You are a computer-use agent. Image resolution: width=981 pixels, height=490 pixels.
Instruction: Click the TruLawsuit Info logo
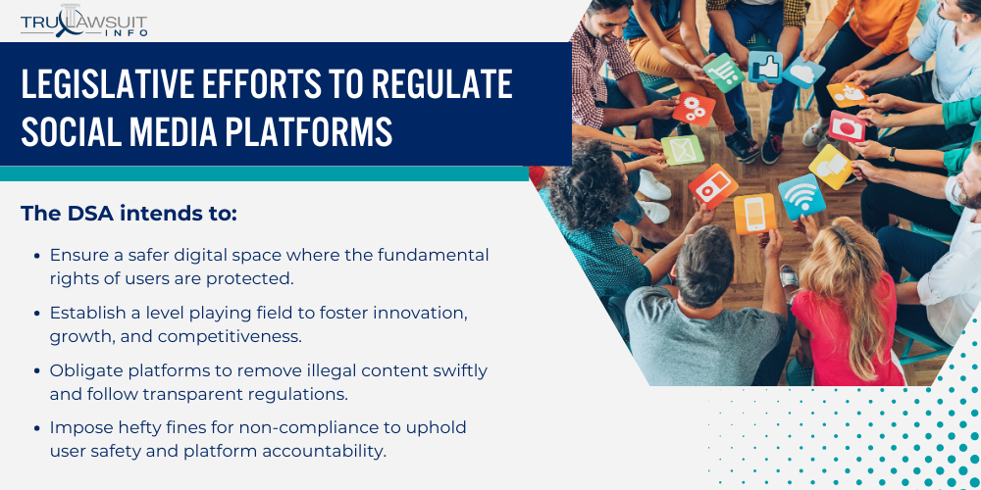pyautogui.click(x=84, y=21)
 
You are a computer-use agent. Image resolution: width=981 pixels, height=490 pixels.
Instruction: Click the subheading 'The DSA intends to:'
pyautogui.click(x=129, y=213)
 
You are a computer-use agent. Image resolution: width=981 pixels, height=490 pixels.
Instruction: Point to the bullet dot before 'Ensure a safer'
pyautogui.click(x=36, y=255)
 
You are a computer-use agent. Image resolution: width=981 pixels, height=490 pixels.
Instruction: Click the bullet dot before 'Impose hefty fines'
pyautogui.click(x=36, y=428)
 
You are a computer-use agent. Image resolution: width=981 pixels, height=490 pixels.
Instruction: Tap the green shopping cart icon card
pyautogui.click(x=724, y=73)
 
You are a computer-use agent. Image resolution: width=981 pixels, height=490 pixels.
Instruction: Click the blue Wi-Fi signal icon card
pyautogui.click(x=800, y=196)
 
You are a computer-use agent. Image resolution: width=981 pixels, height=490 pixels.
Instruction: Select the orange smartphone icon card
pyautogui.click(x=754, y=213)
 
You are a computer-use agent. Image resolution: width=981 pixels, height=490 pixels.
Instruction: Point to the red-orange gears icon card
pyautogui.click(x=693, y=109)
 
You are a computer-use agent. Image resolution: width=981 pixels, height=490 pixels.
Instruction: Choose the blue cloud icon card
pyautogui.click(x=803, y=71)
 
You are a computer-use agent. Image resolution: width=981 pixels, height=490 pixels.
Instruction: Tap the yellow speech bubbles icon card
pyautogui.click(x=830, y=167)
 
